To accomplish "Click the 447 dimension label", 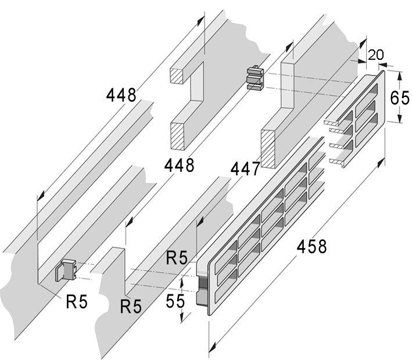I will point(245,168).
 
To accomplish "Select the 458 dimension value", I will point(311,246).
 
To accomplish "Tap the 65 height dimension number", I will point(399,97).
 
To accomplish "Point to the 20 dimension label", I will point(376,55).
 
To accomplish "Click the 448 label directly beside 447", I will point(178,165).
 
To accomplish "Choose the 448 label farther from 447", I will point(121,95).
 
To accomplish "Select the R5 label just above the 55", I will point(177,257).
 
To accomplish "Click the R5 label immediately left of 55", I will point(131,305).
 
